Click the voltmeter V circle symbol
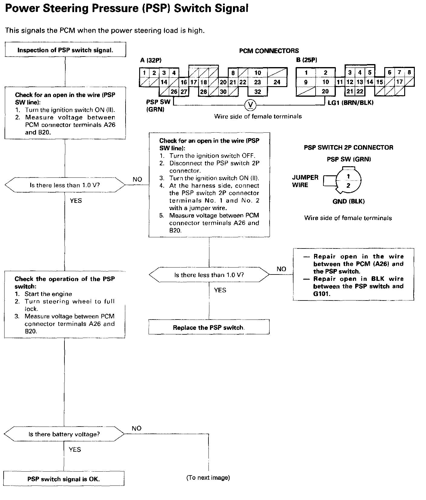pyautogui.click(x=251, y=105)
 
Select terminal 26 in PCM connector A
pyautogui.click(x=174, y=92)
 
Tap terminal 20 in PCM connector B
pyautogui.click(x=325, y=91)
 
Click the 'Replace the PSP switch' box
pyautogui.click(x=209, y=327)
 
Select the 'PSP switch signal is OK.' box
pyautogui.click(x=64, y=479)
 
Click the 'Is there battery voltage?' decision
pyautogui.click(x=64, y=434)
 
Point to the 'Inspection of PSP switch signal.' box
pyautogui.click(x=65, y=50)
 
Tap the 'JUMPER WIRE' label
pyautogui.click(x=305, y=181)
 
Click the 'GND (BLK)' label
pyautogui.click(x=349, y=201)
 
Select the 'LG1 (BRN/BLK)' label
pyautogui.click(x=351, y=103)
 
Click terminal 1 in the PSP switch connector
pyautogui.click(x=348, y=176)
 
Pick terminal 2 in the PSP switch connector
pyautogui.click(x=348, y=186)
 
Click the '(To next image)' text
pyautogui.click(x=208, y=478)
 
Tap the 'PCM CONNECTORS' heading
pyautogui.click(x=269, y=51)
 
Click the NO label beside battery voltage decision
pyautogui.click(x=136, y=428)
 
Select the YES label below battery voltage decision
pyautogui.click(x=75, y=450)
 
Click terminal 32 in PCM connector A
pyautogui.click(x=257, y=92)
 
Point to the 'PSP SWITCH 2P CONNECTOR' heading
pyautogui.click(x=349, y=148)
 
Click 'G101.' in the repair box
pyautogui.click(x=322, y=294)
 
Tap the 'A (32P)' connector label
pyautogui.click(x=151, y=60)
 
